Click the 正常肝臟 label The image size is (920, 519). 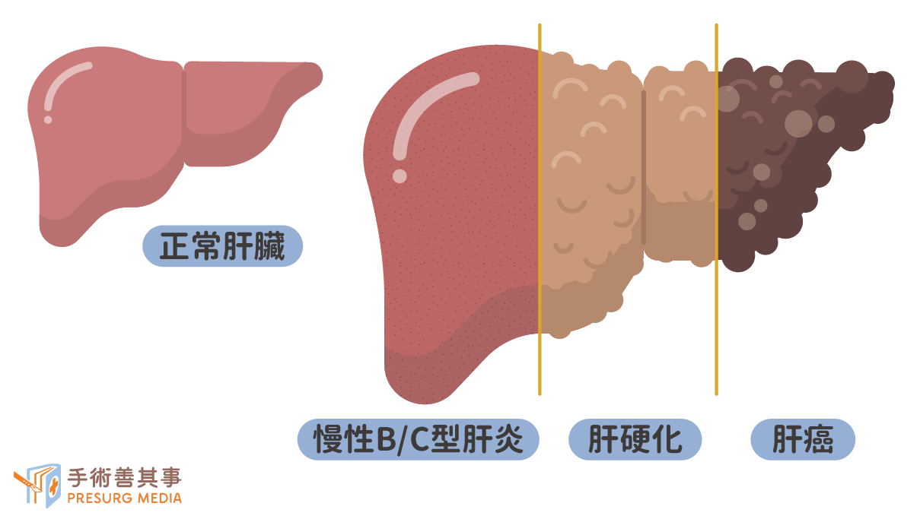point(222,245)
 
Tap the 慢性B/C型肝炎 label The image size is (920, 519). point(418,439)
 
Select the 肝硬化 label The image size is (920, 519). point(635,439)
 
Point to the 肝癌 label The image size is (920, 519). point(803,439)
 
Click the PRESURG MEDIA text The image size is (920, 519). point(125,498)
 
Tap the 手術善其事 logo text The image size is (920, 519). point(125,477)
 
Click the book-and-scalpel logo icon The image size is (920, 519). point(38,486)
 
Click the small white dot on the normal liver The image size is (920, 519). point(48,120)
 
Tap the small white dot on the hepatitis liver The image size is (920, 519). point(400,176)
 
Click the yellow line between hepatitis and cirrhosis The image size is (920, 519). point(540,209)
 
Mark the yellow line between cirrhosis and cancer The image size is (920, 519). point(716,209)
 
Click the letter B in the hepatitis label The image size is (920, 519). point(385,440)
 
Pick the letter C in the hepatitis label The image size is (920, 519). point(420,440)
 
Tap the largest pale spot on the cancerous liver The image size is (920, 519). point(798,124)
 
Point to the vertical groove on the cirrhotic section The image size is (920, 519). point(644,167)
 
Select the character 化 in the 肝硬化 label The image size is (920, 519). point(668,439)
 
